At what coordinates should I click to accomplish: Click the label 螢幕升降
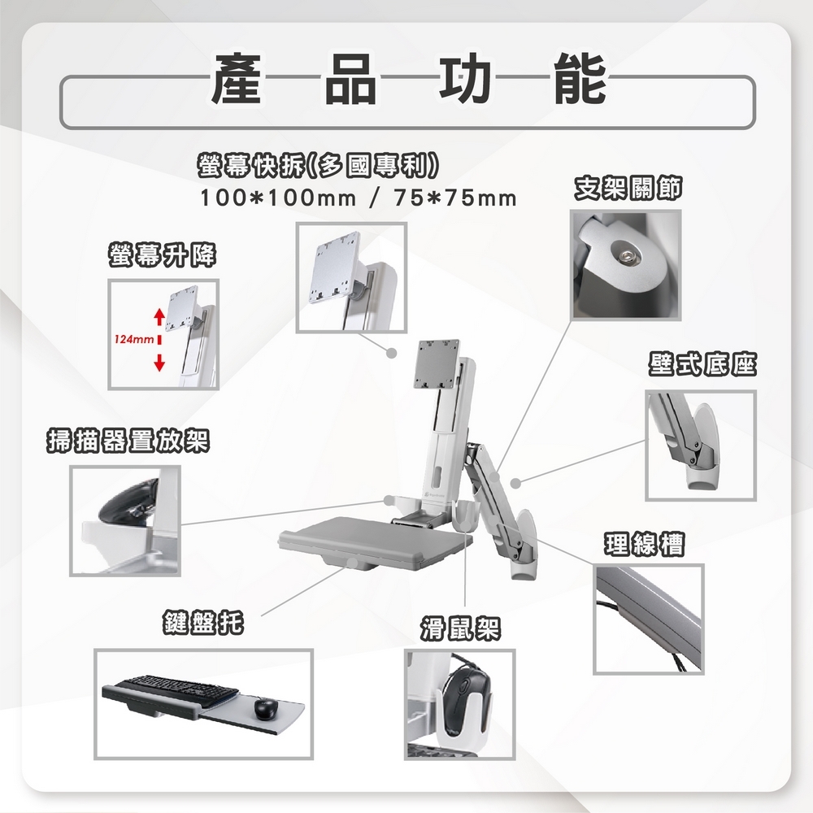click(x=162, y=257)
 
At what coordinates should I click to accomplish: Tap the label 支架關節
click(x=627, y=189)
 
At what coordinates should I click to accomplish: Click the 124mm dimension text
click(x=129, y=337)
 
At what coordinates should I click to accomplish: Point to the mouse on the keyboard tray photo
click(x=265, y=708)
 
